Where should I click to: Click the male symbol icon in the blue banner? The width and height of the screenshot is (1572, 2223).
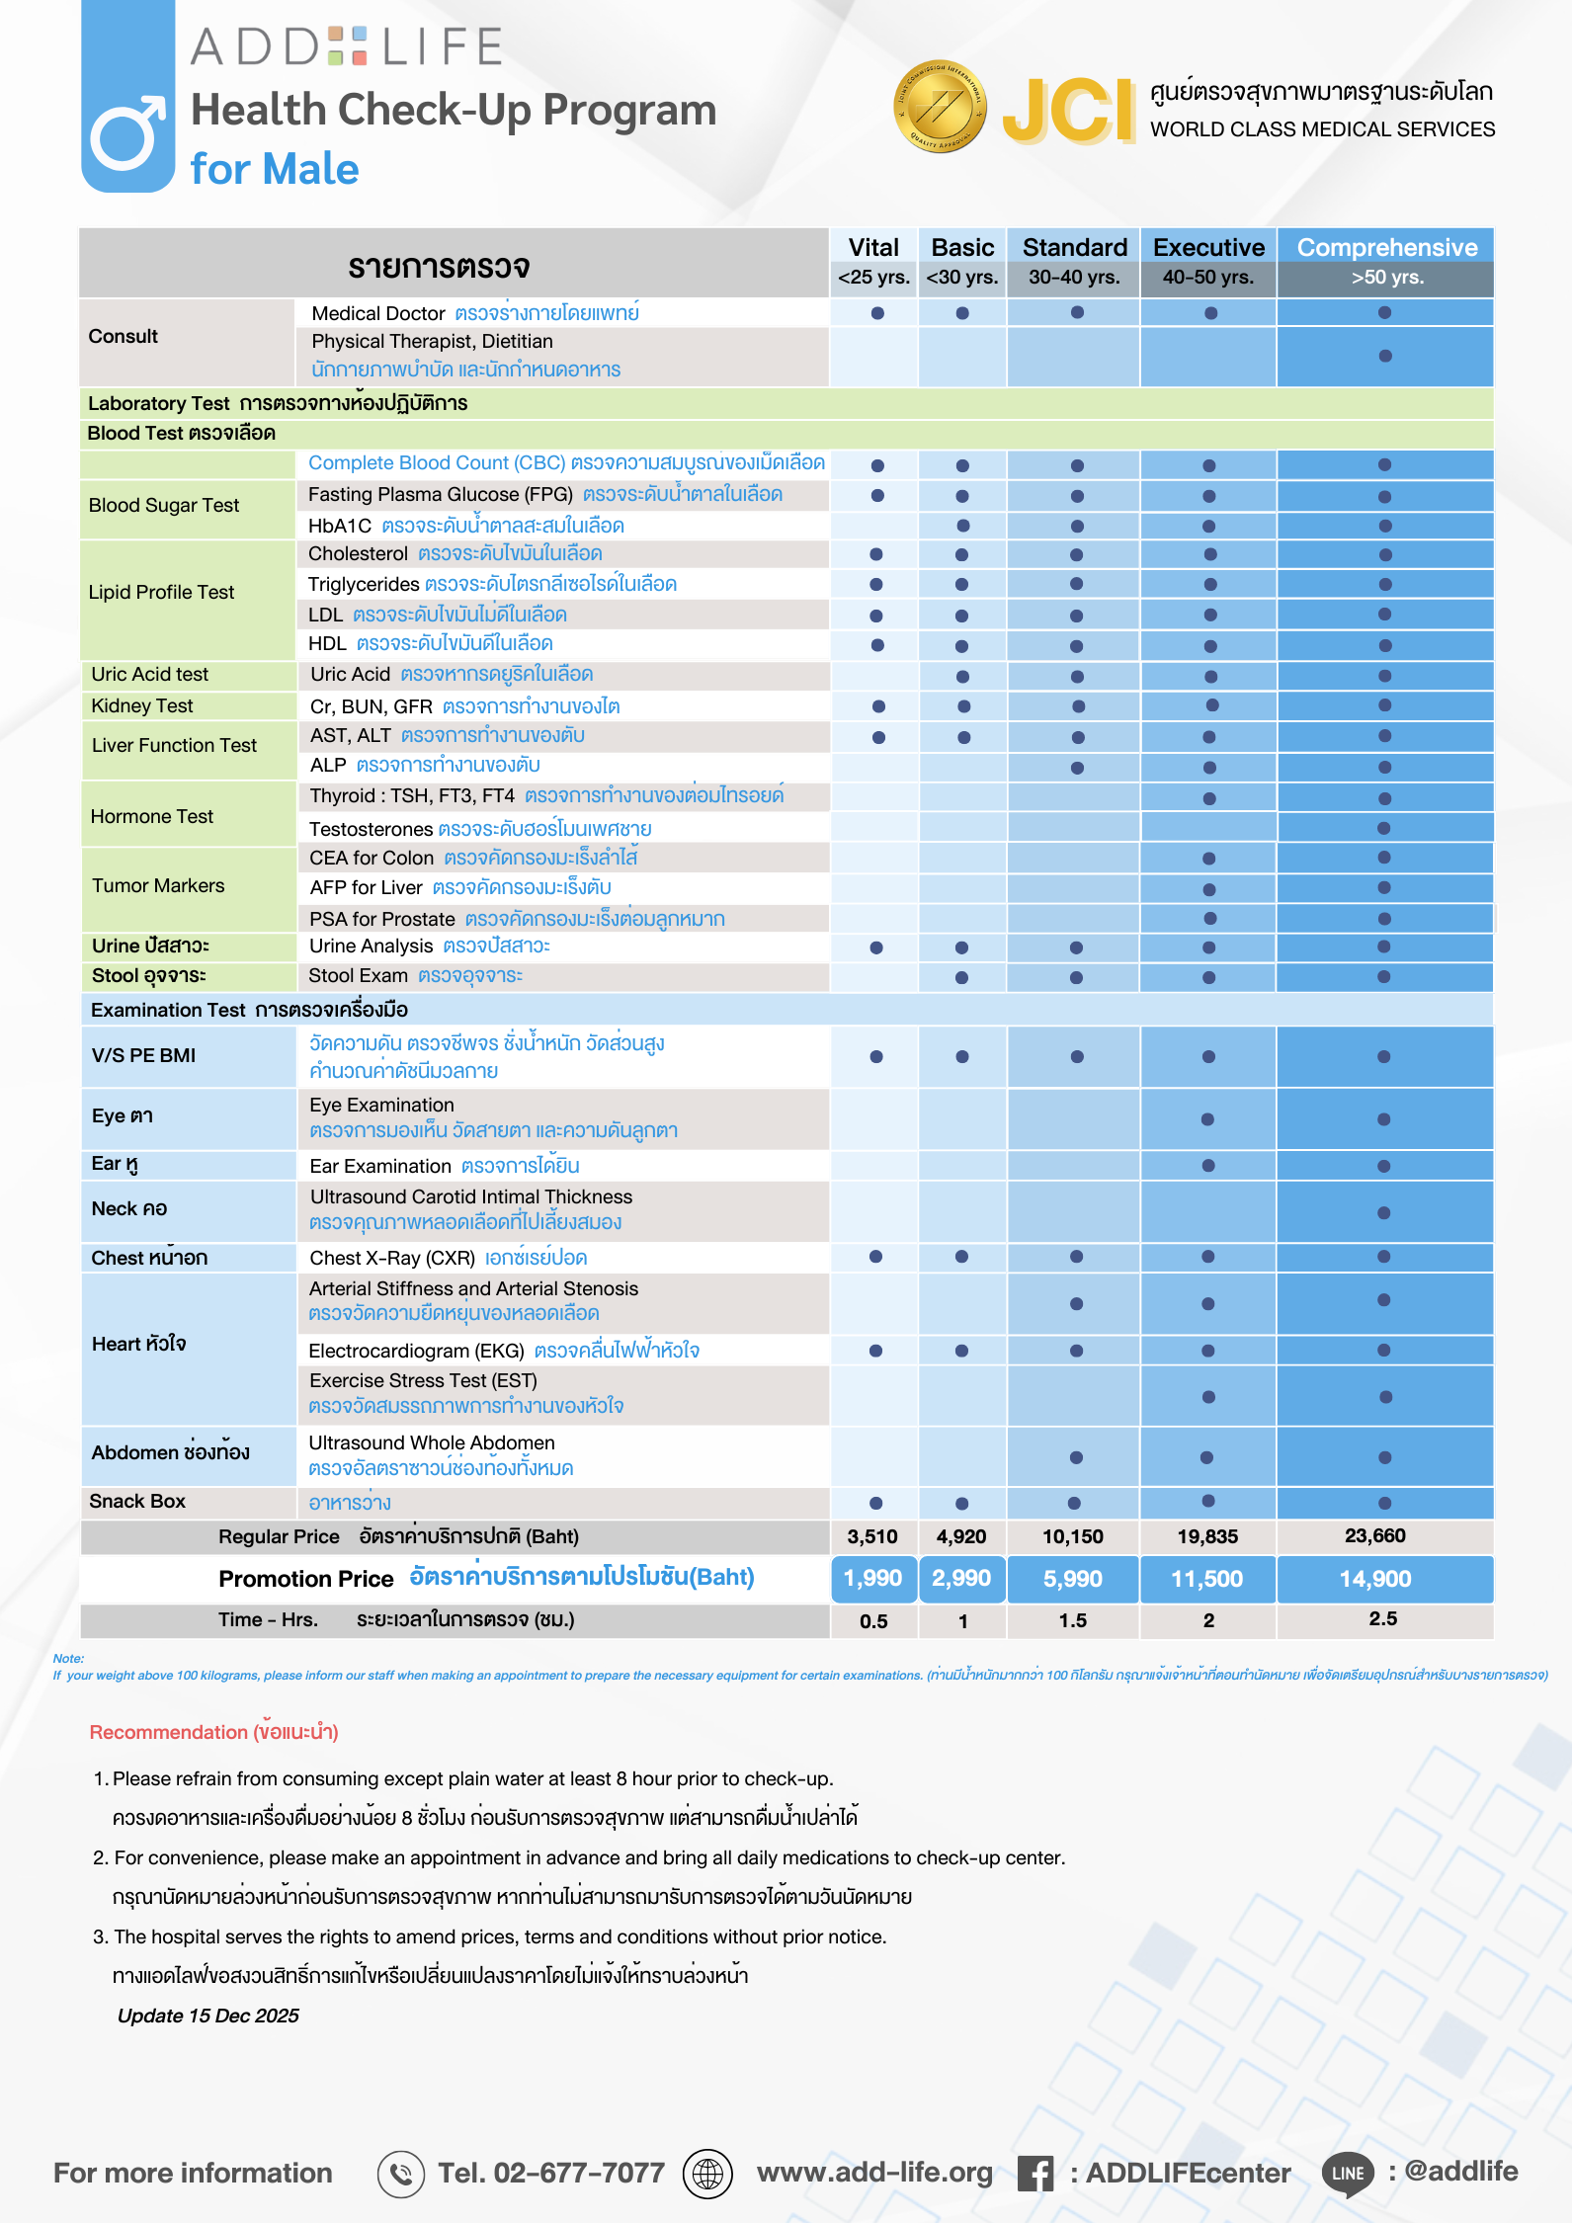(x=127, y=133)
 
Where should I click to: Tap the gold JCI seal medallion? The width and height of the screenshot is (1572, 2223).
(x=940, y=106)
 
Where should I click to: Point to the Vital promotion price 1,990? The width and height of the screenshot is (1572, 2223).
(x=873, y=1578)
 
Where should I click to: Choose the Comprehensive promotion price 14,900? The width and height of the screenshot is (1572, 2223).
(x=1375, y=1579)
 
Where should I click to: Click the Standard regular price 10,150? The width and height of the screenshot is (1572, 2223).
(x=1073, y=1536)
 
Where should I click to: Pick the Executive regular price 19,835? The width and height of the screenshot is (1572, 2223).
(x=1207, y=1536)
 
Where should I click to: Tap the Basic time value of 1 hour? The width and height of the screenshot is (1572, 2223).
(x=962, y=1621)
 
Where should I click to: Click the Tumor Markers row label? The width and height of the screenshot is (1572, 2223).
(x=158, y=885)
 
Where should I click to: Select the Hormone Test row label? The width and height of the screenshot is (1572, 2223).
(x=152, y=816)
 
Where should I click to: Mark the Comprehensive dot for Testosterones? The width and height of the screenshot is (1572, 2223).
(x=1384, y=828)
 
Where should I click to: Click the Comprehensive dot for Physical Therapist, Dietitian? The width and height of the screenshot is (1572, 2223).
(x=1385, y=356)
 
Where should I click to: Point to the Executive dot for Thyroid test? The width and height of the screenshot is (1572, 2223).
(x=1209, y=798)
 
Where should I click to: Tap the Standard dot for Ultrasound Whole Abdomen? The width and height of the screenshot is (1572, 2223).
(x=1076, y=1457)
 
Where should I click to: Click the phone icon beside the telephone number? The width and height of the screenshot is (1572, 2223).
(x=401, y=2174)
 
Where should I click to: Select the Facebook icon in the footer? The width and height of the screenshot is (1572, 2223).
(x=1035, y=2174)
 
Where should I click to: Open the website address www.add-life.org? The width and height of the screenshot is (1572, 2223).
(x=874, y=2173)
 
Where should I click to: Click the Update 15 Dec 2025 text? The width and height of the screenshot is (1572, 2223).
(x=207, y=2016)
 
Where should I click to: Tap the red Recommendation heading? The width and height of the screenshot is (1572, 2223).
(x=213, y=1732)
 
